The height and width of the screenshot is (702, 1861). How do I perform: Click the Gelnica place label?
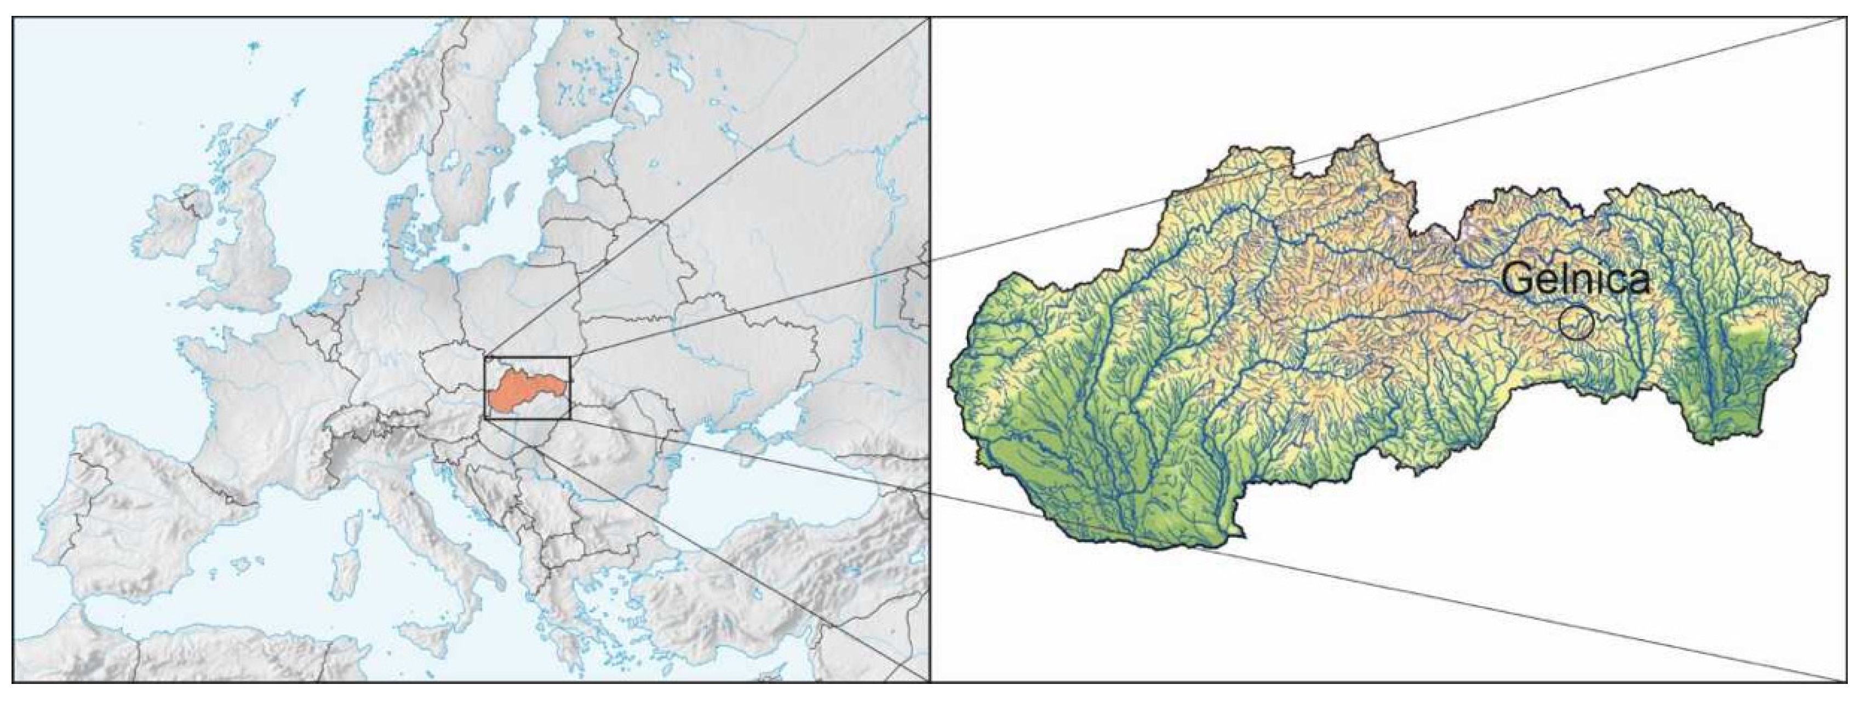(x=1575, y=279)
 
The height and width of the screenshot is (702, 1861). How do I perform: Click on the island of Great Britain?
(x=253, y=245)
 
